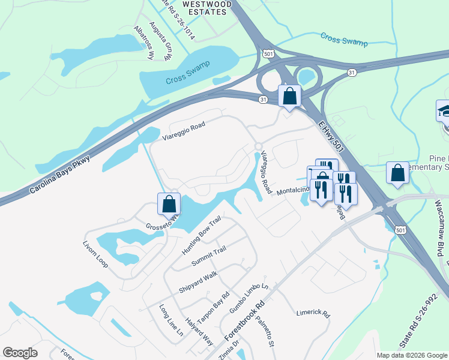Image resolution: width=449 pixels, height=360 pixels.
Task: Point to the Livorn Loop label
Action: (x=95, y=254)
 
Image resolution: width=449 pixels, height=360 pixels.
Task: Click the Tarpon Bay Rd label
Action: (x=213, y=308)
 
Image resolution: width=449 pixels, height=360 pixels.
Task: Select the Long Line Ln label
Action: (x=170, y=323)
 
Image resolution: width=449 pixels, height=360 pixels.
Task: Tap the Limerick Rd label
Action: (x=313, y=313)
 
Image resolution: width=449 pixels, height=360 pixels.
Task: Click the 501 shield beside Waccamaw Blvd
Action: (x=400, y=230)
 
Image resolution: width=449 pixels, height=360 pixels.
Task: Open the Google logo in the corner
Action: (x=20, y=353)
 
